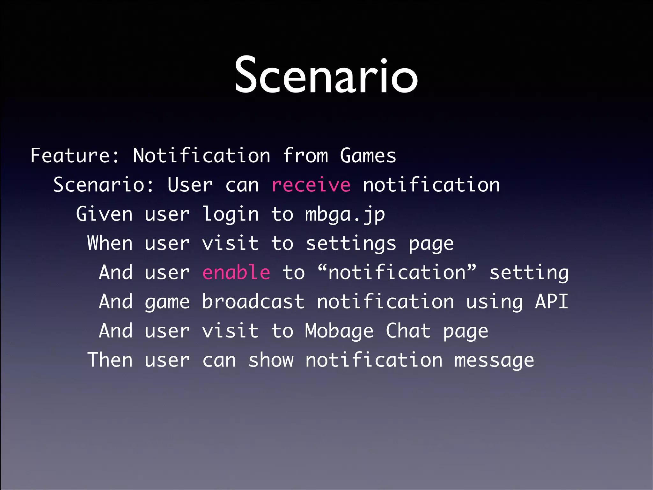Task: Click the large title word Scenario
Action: pyautogui.click(x=326, y=76)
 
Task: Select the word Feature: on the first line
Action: pyautogui.click(x=75, y=156)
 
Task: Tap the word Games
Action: pyautogui.click(x=368, y=156)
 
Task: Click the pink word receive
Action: pyautogui.click(x=311, y=185)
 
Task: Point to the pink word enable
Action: pyautogui.click(x=236, y=273)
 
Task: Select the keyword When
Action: pyautogui.click(x=110, y=243)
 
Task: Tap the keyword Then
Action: pyautogui.click(x=110, y=360)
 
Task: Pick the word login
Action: pyautogui.click(x=231, y=214)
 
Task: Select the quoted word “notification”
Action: pyautogui.click(x=397, y=273)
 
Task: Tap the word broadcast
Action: pyautogui.click(x=253, y=302)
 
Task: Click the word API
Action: pyautogui.click(x=552, y=302)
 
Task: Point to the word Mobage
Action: pyautogui.click(x=339, y=331)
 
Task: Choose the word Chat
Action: pyautogui.click(x=408, y=331)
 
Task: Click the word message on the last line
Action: pyautogui.click(x=494, y=361)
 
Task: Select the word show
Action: pyautogui.click(x=271, y=360)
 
